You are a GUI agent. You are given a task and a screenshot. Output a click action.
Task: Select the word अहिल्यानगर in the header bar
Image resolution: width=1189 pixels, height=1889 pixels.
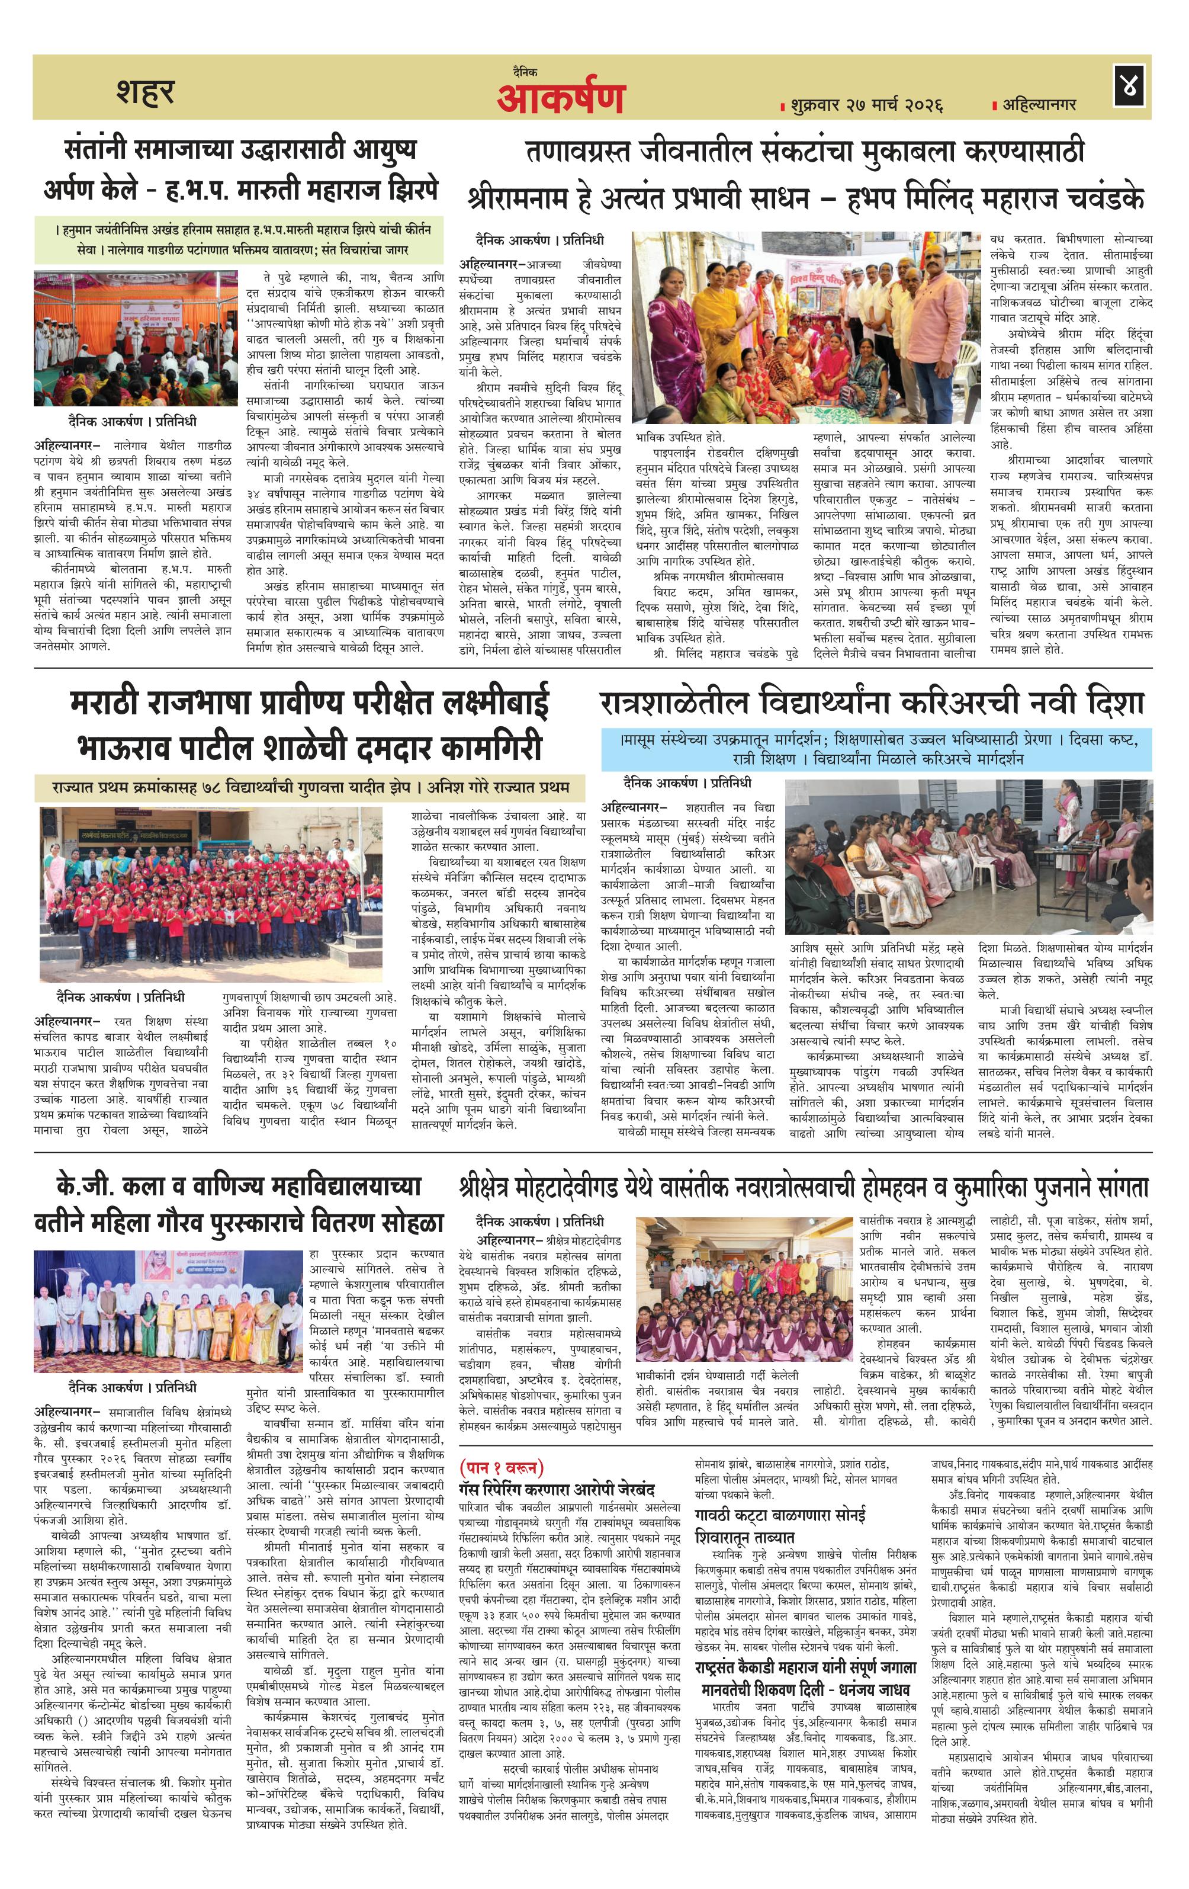point(1039,104)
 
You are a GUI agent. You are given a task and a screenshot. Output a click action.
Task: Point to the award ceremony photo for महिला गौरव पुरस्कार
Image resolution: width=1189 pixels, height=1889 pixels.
point(168,1311)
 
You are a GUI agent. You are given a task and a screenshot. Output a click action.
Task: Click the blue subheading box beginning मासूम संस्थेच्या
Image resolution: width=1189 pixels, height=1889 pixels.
point(876,749)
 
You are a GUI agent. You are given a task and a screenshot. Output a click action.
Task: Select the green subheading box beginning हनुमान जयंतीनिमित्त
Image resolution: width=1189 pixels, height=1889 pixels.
point(239,240)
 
